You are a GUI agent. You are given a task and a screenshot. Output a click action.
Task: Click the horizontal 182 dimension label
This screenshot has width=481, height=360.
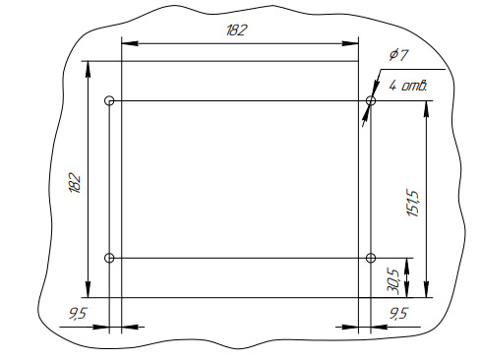pyautogui.click(x=236, y=30)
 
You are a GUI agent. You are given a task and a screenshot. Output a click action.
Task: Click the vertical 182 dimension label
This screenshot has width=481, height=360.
pyautogui.click(x=75, y=183)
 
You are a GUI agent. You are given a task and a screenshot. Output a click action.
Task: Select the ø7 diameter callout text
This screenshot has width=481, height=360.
pyautogui.click(x=399, y=55)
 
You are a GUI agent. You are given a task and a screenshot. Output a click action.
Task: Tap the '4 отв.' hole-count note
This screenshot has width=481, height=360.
pyautogui.click(x=408, y=86)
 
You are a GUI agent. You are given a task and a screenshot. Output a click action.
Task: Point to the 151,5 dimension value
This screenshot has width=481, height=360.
pyautogui.click(x=413, y=203)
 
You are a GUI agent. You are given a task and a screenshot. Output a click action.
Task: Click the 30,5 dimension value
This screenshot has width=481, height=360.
pyautogui.click(x=393, y=281)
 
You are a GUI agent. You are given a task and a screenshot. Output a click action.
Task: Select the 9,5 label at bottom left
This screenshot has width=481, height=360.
pyautogui.click(x=78, y=314)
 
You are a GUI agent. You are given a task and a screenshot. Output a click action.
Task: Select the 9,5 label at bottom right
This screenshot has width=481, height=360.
pyautogui.click(x=398, y=314)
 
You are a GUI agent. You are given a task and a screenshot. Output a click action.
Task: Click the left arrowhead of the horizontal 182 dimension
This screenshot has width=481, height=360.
pyautogui.click(x=130, y=43)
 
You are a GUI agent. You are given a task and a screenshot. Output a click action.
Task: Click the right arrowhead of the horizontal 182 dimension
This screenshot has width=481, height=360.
pyautogui.click(x=350, y=43)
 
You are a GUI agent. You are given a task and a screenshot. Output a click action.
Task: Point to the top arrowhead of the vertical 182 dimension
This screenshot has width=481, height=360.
pyautogui.click(x=88, y=69)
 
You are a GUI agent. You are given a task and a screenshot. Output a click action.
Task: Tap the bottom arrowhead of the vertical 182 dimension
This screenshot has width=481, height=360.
pyautogui.click(x=88, y=289)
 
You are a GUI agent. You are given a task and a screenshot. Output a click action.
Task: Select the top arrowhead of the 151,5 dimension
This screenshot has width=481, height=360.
pyautogui.click(x=426, y=109)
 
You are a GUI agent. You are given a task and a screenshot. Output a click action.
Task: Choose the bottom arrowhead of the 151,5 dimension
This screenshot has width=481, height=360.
pyautogui.click(x=426, y=289)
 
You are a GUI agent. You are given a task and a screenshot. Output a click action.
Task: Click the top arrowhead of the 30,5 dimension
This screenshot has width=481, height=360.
pyautogui.click(x=406, y=267)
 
